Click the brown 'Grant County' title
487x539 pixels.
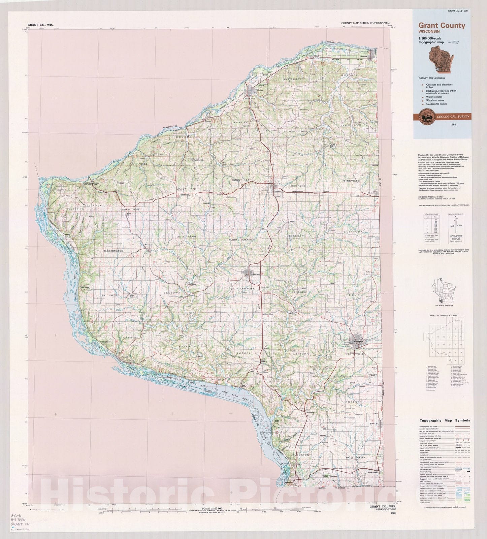442,26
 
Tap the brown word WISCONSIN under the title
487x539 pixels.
429,32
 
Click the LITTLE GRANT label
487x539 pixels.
187,237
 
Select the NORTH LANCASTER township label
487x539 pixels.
241,239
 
